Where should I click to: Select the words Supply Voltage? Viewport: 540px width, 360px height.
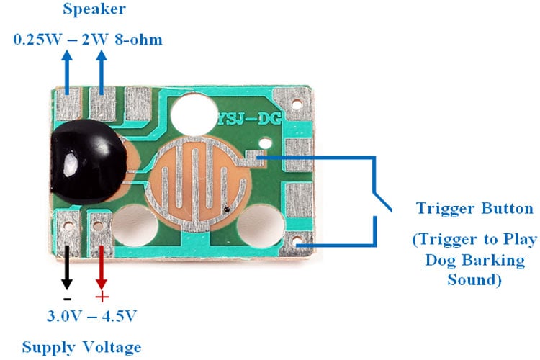[81, 347]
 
